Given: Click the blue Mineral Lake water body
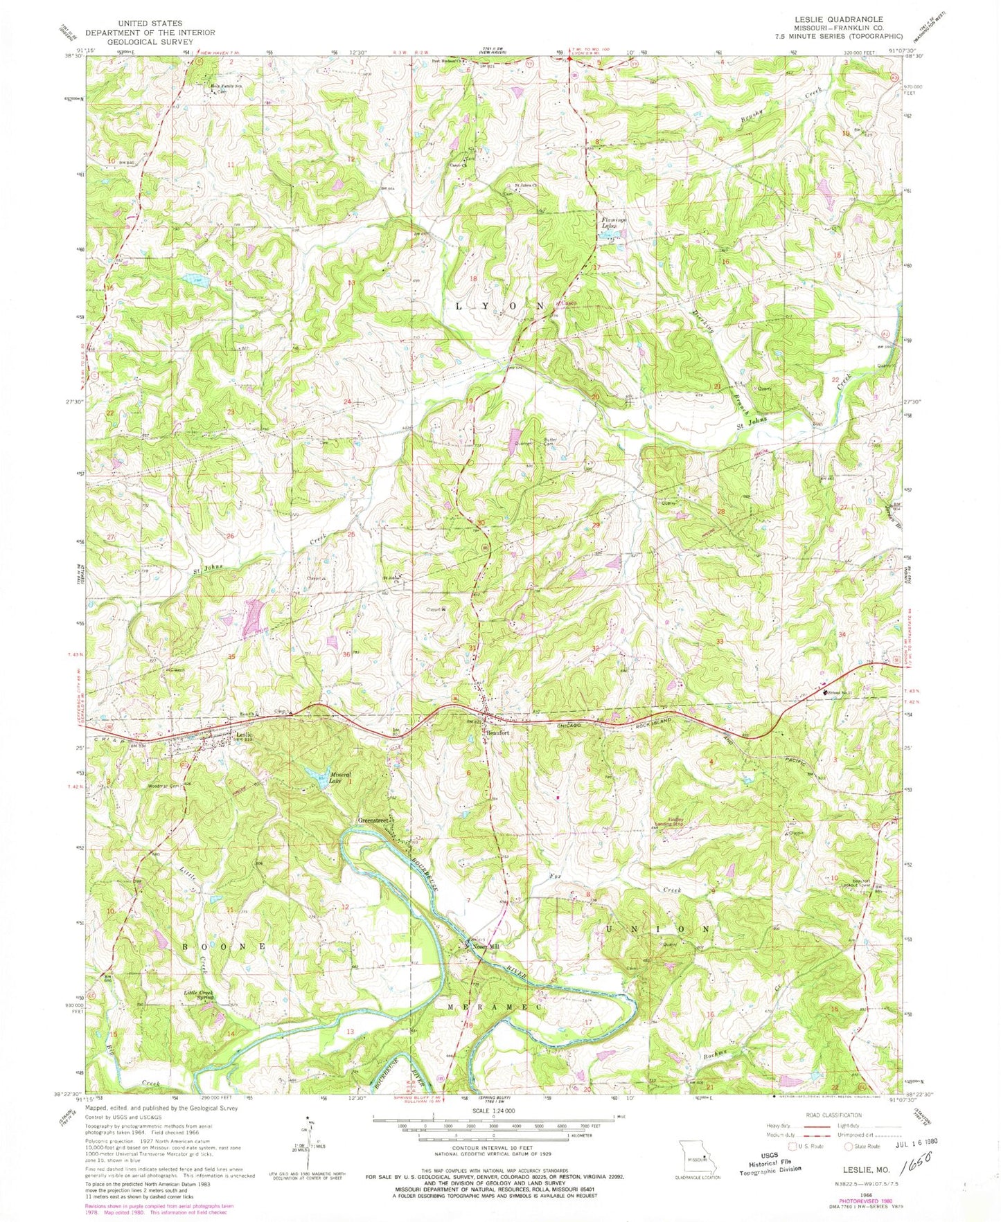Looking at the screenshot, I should click(317, 775).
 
